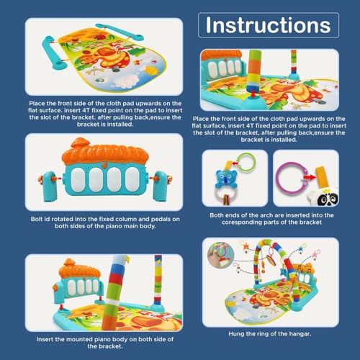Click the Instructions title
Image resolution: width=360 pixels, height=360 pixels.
tap(269, 25)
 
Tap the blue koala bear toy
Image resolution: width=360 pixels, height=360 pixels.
tap(226, 179)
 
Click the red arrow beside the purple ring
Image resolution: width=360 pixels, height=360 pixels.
tap(310, 177)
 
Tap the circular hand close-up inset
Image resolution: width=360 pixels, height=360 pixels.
tap(221, 255)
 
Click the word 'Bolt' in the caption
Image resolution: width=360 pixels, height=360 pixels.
tap(37, 219)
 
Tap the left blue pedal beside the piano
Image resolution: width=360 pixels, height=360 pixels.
tap(50, 186)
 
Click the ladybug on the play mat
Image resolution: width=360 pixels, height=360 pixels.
tap(99, 37)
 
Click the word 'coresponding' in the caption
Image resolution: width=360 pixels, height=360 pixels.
tap(242, 222)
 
